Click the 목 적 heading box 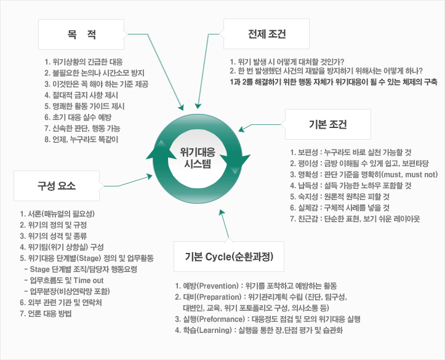81,34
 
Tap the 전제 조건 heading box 267,34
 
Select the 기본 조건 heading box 328,124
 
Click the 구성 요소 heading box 57,186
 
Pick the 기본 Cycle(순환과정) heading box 229,257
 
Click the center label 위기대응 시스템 198,158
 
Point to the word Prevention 218,286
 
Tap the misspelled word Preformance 222,319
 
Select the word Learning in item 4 215,330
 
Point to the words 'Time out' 89,280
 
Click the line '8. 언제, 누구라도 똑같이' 81,139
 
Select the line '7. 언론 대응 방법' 46,313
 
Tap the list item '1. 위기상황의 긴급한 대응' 84,62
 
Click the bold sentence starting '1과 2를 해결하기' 334,82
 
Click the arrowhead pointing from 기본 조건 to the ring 241,129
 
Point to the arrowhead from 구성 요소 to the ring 149,177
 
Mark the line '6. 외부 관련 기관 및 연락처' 61,302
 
